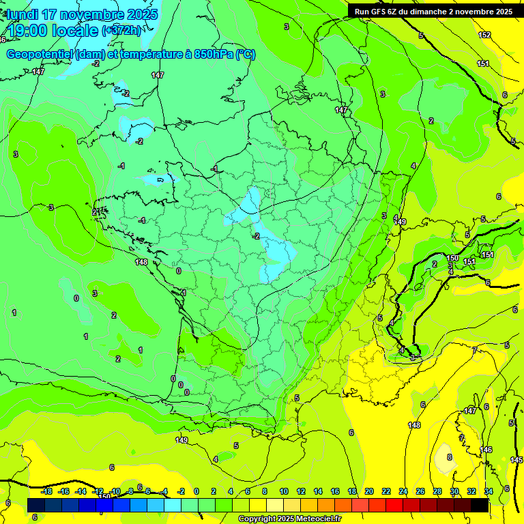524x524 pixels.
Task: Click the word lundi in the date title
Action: click(x=23, y=14)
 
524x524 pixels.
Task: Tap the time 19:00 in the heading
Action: click(x=29, y=31)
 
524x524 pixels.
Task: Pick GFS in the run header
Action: click(x=383, y=12)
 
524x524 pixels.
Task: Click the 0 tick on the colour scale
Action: click(x=196, y=491)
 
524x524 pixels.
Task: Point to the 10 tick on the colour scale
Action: click(x=283, y=491)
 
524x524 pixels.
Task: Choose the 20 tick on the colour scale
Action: click(x=369, y=491)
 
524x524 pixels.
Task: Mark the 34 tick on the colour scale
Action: click(x=489, y=491)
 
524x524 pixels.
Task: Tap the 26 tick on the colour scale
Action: click(x=420, y=491)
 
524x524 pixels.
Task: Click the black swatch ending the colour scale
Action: click(x=480, y=505)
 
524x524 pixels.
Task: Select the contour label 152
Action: click(x=484, y=35)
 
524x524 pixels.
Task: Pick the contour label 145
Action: click(x=516, y=461)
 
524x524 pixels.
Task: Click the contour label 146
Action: click(x=486, y=450)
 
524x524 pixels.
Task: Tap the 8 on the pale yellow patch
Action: click(x=449, y=457)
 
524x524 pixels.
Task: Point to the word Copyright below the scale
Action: click(x=258, y=519)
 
